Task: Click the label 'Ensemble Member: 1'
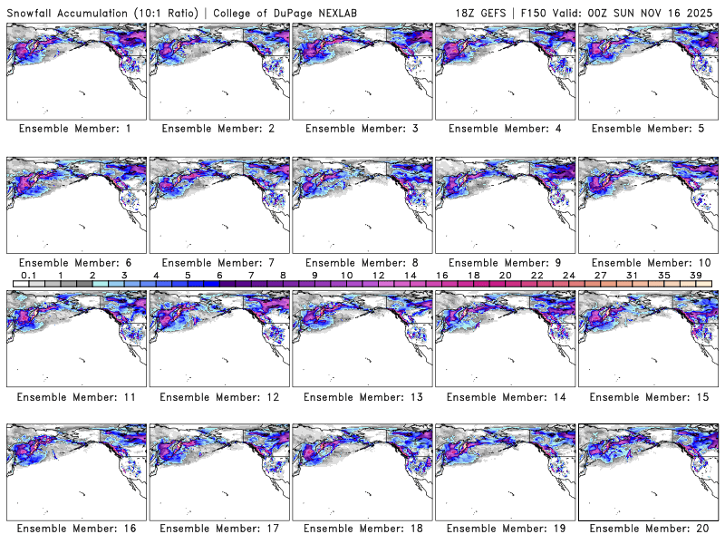(75, 129)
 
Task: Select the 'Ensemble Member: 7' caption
(218, 262)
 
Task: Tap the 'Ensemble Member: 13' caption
(362, 396)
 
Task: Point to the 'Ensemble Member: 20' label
(648, 529)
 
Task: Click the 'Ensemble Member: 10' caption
(648, 262)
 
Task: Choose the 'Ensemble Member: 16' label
(75, 529)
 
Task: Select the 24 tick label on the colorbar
(568, 274)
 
